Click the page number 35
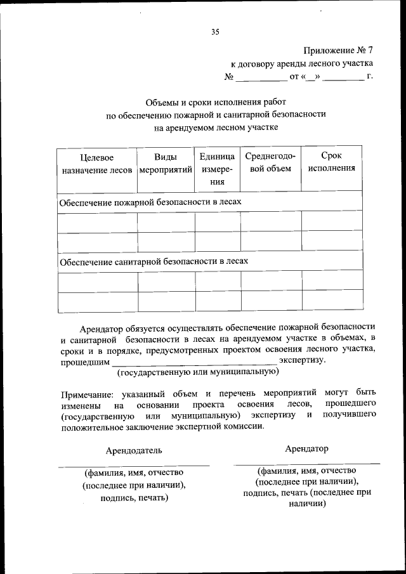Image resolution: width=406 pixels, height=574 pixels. pyautogui.click(x=215, y=33)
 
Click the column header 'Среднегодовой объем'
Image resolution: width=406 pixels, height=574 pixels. pyautogui.click(x=270, y=162)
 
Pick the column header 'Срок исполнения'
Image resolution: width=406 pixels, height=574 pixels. pyautogui.click(x=331, y=162)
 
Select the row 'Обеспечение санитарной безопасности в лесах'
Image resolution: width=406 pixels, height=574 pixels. pyautogui.click(x=153, y=261)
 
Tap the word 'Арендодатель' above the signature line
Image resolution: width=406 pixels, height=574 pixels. pyautogui.click(x=134, y=450)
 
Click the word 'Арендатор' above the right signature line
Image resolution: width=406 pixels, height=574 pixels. pyautogui.click(x=306, y=448)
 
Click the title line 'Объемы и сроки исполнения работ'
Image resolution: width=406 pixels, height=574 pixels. pyautogui.click(x=216, y=101)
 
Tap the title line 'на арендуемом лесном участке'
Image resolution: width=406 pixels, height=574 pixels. pyautogui.click(x=216, y=127)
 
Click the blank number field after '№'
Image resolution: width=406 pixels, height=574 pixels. pyautogui.click(x=261, y=78)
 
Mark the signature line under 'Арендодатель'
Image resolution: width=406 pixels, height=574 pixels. pyautogui.click(x=134, y=466)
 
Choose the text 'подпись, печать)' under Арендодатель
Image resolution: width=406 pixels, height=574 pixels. pyautogui.click(x=134, y=498)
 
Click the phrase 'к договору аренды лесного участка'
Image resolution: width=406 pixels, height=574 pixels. pyautogui.click(x=301, y=64)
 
